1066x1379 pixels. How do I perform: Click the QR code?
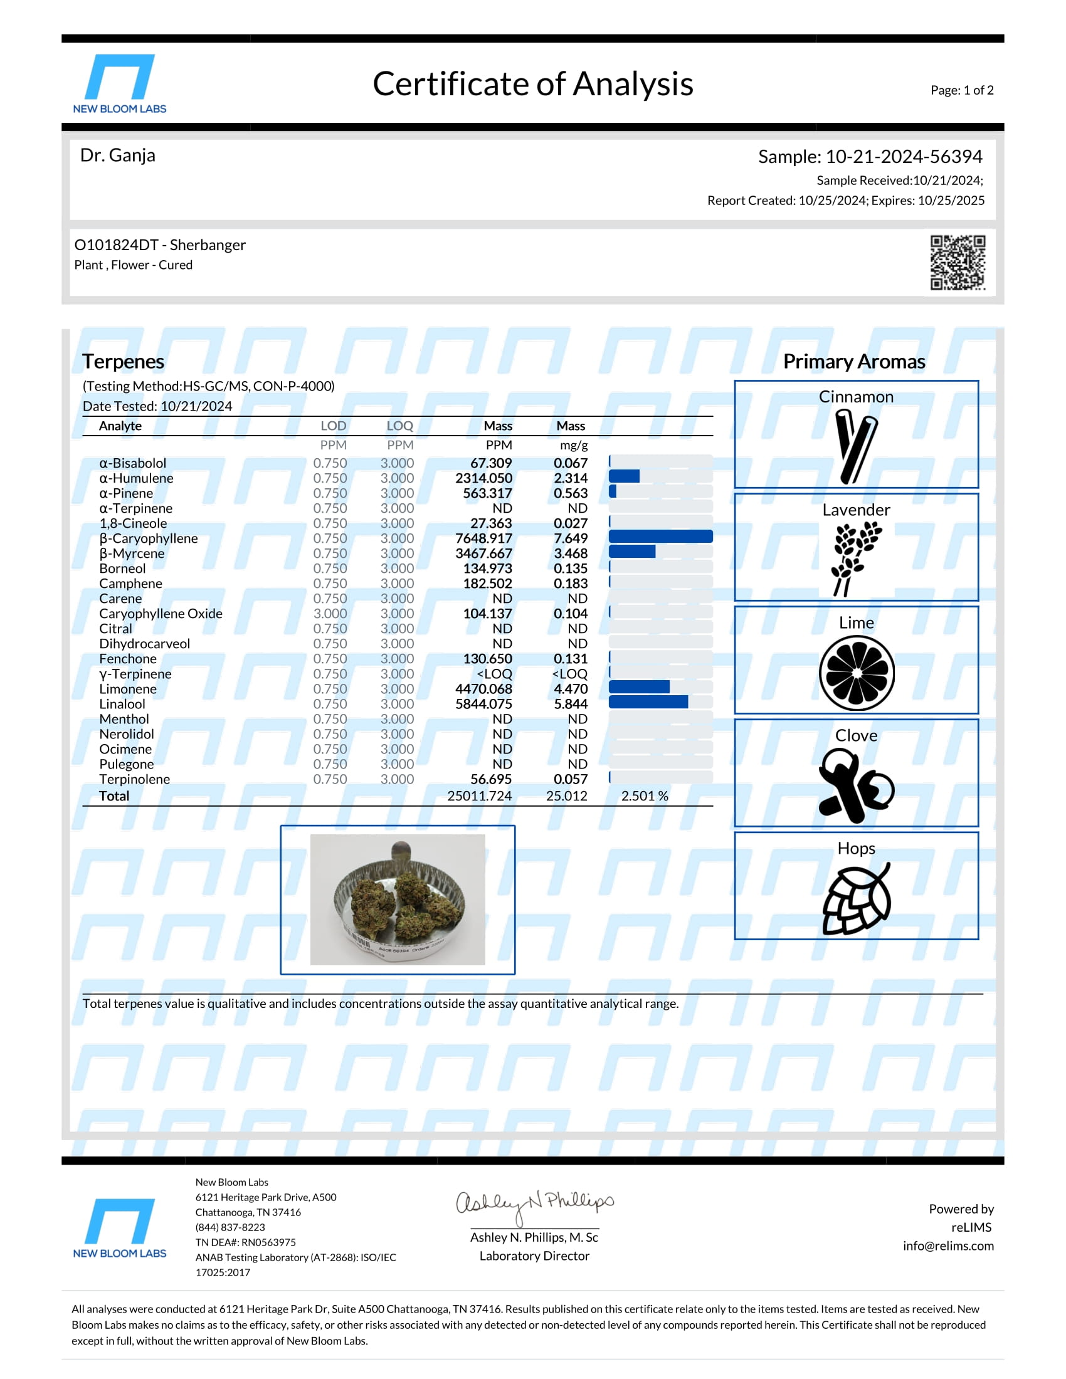(x=958, y=263)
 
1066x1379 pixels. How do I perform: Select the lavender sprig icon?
(x=856, y=558)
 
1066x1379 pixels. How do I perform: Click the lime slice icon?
(x=857, y=673)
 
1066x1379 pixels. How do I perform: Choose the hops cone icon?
(x=857, y=899)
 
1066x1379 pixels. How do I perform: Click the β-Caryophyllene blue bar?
(x=660, y=537)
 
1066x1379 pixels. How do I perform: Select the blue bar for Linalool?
(x=648, y=703)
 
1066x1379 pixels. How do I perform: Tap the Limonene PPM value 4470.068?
(x=483, y=689)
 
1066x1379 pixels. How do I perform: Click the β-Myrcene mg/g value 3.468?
(x=570, y=553)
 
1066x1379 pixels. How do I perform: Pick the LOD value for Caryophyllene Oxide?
(x=330, y=614)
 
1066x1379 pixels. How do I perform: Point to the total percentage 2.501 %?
(x=644, y=796)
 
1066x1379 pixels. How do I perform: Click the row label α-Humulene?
(x=137, y=479)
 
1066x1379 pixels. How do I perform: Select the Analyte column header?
(x=120, y=426)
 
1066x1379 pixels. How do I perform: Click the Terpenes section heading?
(x=123, y=362)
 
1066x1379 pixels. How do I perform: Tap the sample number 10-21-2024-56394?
(x=903, y=157)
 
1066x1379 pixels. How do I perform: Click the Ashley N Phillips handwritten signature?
(x=534, y=1204)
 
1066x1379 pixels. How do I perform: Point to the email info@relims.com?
(x=948, y=1245)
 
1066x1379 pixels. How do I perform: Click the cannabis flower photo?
(x=398, y=899)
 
